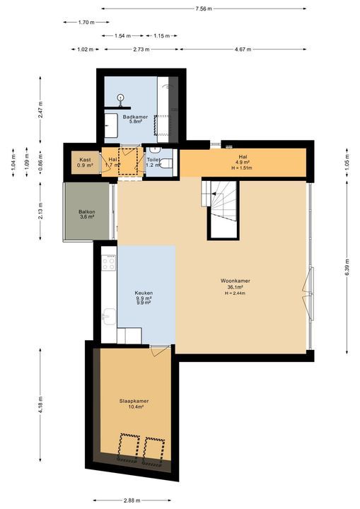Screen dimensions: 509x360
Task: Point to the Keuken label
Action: (x=144, y=293)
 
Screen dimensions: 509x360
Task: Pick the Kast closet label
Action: (x=84, y=160)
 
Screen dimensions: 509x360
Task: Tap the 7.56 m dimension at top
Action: (x=204, y=8)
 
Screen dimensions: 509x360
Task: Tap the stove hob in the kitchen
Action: (x=109, y=262)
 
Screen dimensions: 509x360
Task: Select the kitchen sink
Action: (x=108, y=316)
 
